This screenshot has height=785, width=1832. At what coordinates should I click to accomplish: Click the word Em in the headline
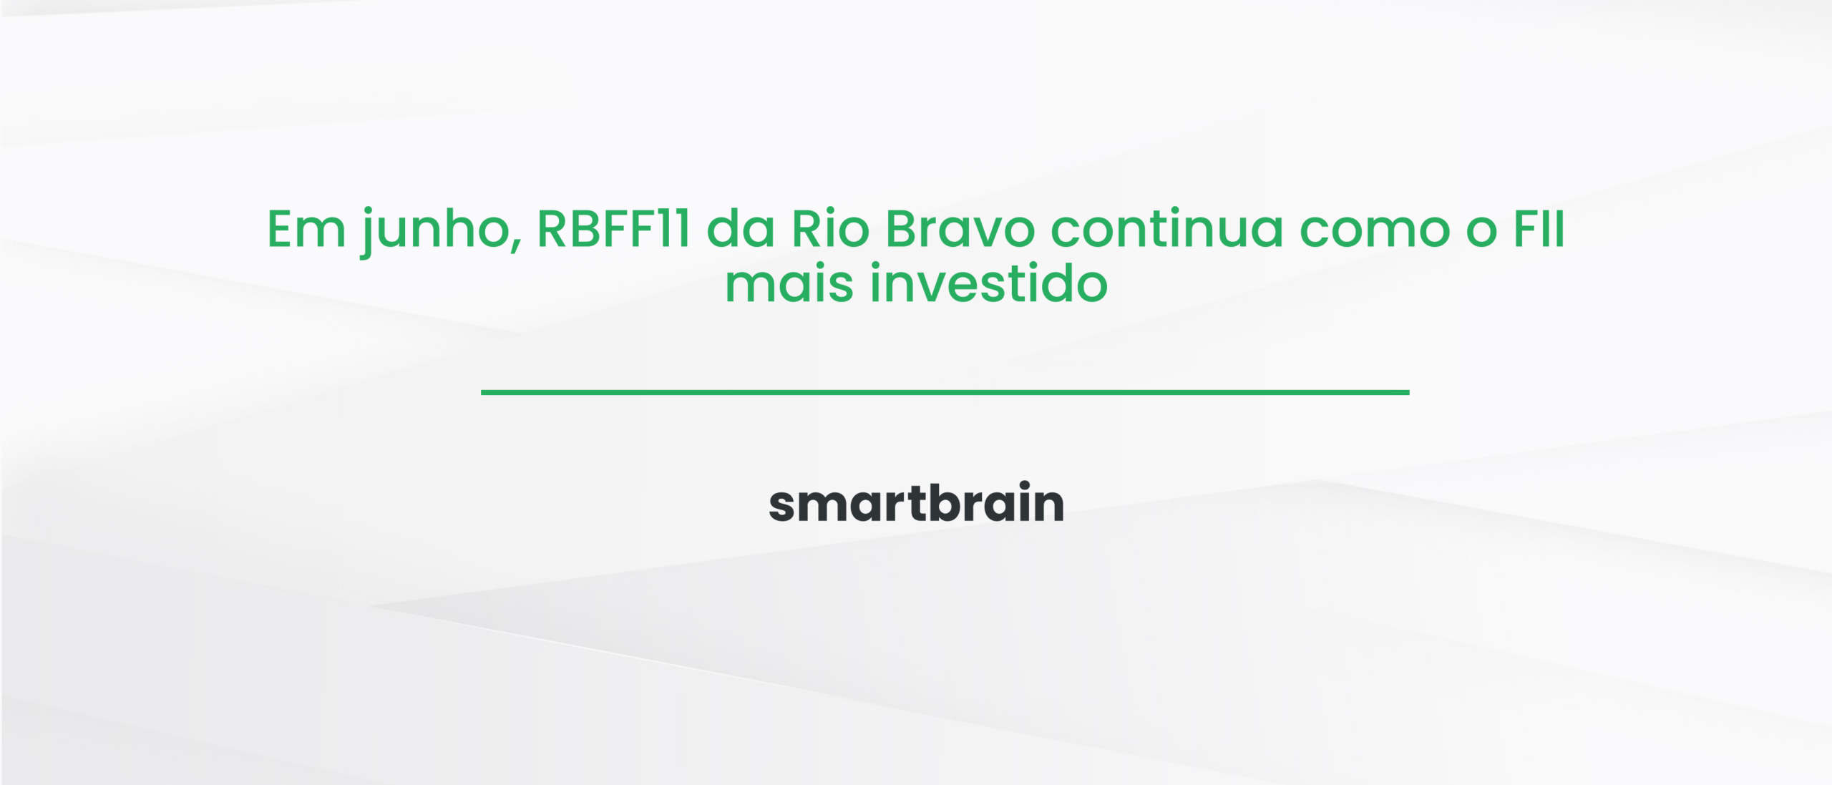(306, 230)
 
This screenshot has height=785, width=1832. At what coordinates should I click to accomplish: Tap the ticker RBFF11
(613, 230)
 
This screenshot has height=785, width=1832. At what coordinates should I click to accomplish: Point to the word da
(741, 230)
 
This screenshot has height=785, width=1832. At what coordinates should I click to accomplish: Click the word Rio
(830, 230)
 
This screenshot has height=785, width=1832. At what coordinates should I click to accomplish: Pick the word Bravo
(960, 230)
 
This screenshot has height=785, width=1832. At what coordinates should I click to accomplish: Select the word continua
(1166, 230)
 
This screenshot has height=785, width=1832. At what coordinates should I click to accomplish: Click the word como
(1374, 230)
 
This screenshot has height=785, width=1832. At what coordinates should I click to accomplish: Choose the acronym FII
(1539, 230)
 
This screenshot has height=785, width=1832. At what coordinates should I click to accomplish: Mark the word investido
(988, 285)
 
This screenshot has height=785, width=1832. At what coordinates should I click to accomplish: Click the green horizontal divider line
(945, 392)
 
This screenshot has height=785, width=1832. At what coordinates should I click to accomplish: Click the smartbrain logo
(916, 503)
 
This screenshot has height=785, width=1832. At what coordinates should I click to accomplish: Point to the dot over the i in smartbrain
(1025, 485)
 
